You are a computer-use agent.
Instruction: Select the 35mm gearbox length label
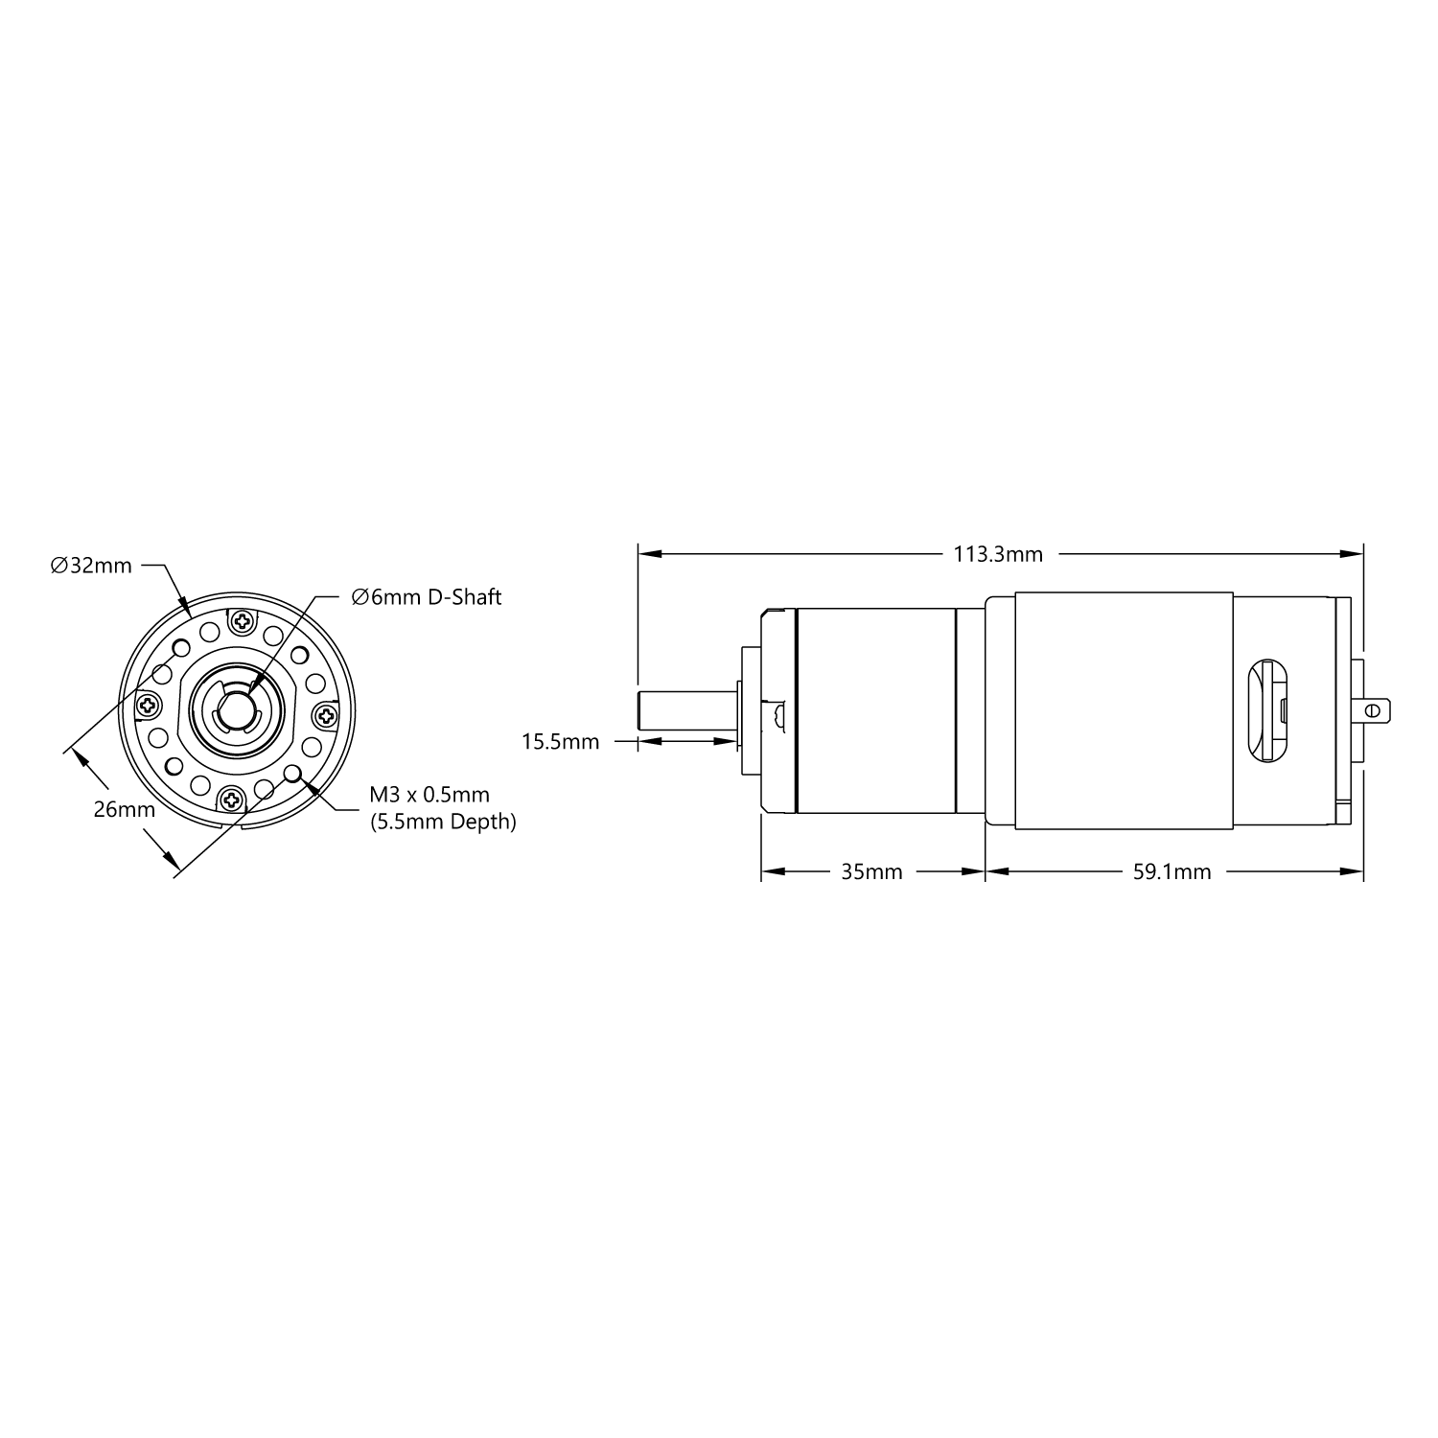pyautogui.click(x=871, y=872)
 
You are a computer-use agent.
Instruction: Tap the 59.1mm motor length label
pyautogui.click(x=1167, y=872)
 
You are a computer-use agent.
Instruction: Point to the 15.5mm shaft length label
pyautogui.click(x=560, y=741)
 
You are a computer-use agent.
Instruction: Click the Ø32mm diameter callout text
pyautogui.click(x=91, y=566)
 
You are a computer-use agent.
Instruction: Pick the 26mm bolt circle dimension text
pyautogui.click(x=124, y=809)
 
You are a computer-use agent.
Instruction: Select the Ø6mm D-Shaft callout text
pyautogui.click(x=427, y=597)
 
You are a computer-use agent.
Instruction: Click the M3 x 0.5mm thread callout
pyautogui.click(x=429, y=795)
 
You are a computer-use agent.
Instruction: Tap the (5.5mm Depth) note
pyautogui.click(x=443, y=822)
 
